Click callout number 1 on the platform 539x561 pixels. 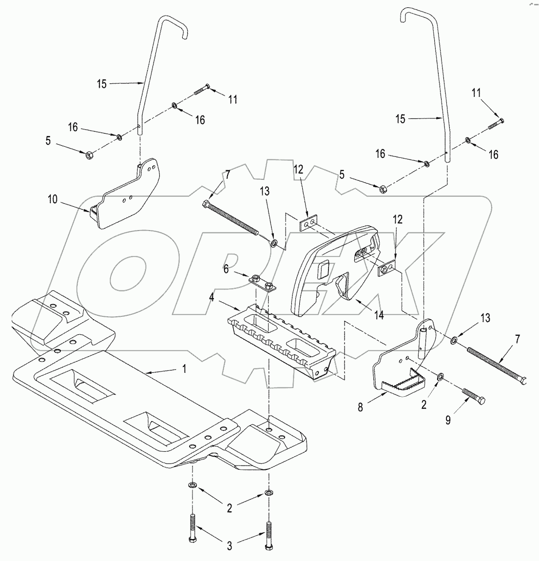pyautogui.click(x=184, y=369)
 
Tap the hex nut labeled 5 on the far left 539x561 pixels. pyautogui.click(x=89, y=155)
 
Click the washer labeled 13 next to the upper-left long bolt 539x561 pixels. pyautogui.click(x=275, y=242)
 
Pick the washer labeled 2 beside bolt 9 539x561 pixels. pyautogui.click(x=440, y=377)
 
